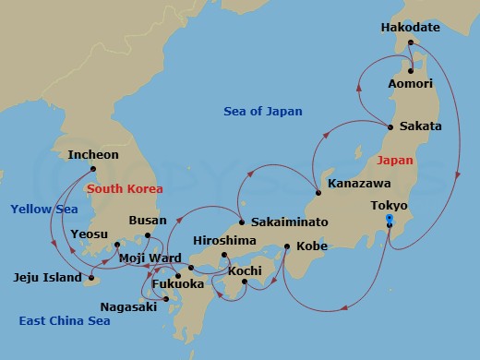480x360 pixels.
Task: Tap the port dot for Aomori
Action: point(410,70)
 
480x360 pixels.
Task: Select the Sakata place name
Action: point(420,126)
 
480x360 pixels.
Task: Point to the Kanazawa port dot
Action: point(318,192)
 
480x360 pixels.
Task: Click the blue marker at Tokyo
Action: point(389,219)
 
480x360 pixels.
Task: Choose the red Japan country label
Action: point(395,160)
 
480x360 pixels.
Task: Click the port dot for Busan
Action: point(147,235)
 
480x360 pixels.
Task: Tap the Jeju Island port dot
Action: point(90,276)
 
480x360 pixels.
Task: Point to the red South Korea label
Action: point(125,189)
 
